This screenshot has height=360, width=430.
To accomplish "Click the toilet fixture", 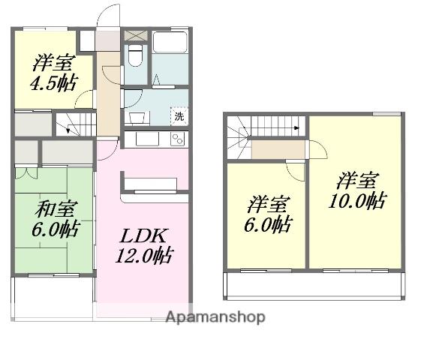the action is click(136, 55).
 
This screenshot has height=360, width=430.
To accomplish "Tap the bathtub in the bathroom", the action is click(170, 42).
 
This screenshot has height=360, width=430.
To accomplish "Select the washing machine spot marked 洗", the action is click(179, 116).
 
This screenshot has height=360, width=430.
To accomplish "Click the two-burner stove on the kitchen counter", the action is click(177, 139).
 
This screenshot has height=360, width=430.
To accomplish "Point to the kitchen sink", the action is click(147, 139).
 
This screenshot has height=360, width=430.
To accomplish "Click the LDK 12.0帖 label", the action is click(143, 246).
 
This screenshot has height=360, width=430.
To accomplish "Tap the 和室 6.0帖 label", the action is click(55, 219).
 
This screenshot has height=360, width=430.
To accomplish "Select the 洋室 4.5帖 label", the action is click(54, 73).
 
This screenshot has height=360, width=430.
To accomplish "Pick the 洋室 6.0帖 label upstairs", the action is click(268, 214).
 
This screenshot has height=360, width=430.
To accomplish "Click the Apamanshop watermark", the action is click(215, 317).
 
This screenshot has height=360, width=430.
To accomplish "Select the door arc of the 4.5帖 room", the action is click(84, 99).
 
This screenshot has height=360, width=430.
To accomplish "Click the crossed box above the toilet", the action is click(136, 36).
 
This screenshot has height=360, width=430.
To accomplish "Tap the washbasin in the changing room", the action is click(137, 118).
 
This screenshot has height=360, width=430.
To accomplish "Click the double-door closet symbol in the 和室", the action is click(26, 172).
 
